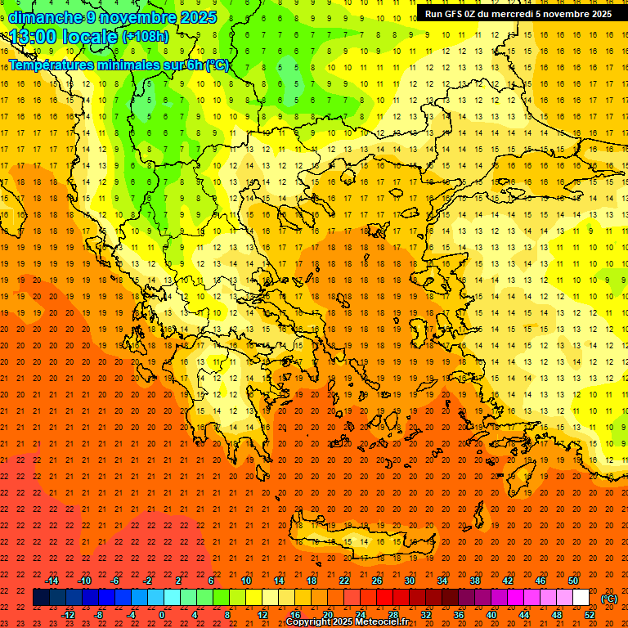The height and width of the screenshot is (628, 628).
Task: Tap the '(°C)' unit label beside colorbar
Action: (x=608, y=599)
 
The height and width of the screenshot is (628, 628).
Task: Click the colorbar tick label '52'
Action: (x=590, y=615)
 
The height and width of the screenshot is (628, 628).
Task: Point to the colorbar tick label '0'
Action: (x=162, y=615)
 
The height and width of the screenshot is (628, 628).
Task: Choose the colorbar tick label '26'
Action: (x=377, y=581)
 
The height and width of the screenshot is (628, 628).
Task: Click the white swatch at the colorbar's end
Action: (x=581, y=598)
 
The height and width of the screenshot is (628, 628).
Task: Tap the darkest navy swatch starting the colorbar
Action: (x=41, y=598)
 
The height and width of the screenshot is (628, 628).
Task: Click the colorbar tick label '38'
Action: (x=475, y=581)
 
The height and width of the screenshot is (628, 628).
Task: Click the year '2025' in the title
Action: (x=198, y=17)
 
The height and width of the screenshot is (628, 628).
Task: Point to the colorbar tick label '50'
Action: (x=573, y=581)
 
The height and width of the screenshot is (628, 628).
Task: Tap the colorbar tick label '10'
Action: (x=246, y=581)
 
